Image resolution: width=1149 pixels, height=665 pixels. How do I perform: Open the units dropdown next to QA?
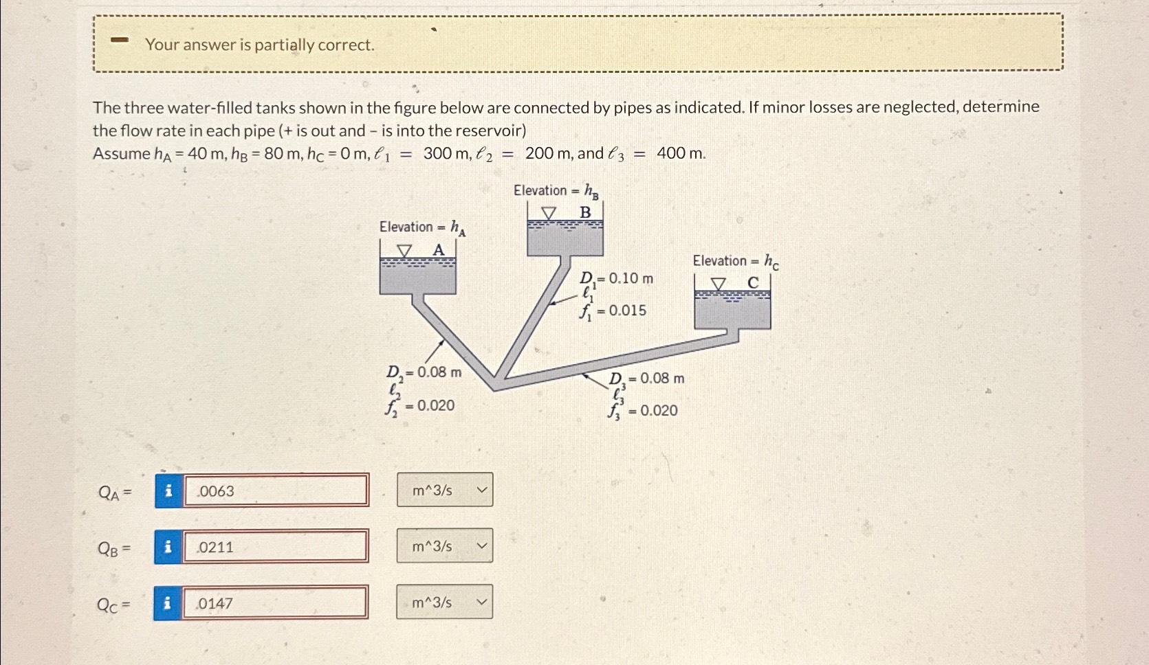point(445,490)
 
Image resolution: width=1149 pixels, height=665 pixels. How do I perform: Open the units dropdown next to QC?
point(445,602)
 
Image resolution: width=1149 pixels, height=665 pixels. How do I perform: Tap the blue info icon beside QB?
point(168,547)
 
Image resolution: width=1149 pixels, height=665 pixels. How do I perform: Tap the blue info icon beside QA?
point(168,491)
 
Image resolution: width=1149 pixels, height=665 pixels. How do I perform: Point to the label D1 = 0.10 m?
point(616,278)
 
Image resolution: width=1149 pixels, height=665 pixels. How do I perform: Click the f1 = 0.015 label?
point(613,311)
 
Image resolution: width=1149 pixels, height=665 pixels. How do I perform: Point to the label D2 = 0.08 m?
point(424,372)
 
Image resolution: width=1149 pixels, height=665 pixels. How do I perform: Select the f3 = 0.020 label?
point(643,411)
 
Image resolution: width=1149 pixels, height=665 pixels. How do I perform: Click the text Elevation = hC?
point(735,261)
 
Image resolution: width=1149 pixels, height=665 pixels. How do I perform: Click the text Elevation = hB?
point(556,190)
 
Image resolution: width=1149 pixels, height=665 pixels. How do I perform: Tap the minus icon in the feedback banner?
point(120,41)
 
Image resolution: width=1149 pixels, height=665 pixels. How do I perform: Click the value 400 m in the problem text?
point(681,153)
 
